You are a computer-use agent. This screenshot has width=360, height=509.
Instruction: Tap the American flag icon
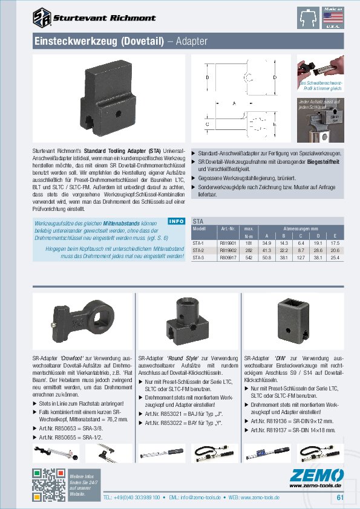[x=332, y=18]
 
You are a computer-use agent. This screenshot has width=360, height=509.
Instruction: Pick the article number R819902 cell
[x=227, y=250]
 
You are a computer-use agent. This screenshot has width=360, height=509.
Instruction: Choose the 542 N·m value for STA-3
[x=247, y=257]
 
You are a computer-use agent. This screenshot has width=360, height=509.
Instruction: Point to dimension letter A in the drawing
[x=234, y=104]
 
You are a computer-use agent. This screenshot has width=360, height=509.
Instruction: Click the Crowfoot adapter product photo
[x=82, y=320]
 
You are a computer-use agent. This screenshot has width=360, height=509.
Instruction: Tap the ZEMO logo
[x=314, y=475]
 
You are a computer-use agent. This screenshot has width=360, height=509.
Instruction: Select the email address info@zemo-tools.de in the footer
[x=203, y=498]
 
